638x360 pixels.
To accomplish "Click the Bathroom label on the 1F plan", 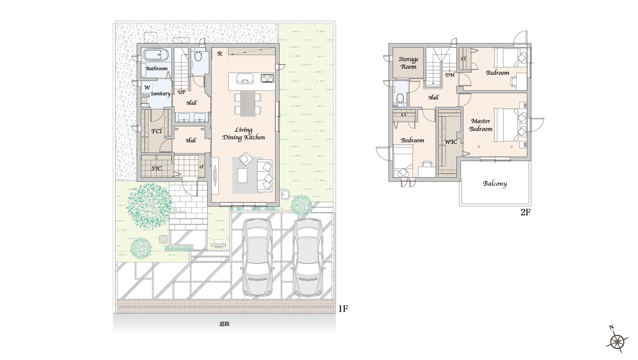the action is coord(156,69).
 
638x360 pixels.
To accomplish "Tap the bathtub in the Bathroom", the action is coord(155,55).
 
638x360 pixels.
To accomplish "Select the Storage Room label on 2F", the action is coord(408,63).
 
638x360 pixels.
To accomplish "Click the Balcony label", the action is coord(495,183).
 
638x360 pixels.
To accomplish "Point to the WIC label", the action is coord(451,142).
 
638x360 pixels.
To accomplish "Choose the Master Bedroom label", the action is coord(481,125).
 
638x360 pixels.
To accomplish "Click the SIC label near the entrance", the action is coord(156,169).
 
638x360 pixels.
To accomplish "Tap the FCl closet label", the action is coord(157,131).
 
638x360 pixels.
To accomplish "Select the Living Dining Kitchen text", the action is coord(244,134).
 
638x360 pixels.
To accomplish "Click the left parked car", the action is coord(257,257).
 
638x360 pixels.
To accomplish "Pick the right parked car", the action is coord(308,257).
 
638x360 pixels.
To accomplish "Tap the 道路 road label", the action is coord(224,324).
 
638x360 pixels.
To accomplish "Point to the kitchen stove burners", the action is coord(267,78).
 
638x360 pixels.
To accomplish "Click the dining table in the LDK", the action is coord(248,104).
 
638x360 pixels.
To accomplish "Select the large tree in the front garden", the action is coord(149,206).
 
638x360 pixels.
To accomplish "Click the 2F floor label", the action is coord(525,212).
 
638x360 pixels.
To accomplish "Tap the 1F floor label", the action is coord(343,309).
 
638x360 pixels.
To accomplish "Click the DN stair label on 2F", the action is coord(450,75).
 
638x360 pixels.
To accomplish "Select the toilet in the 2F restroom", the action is coord(400,98).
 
